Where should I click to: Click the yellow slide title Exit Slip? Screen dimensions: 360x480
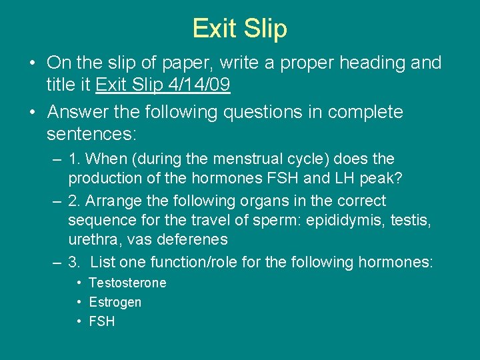pyautogui.click(x=239, y=29)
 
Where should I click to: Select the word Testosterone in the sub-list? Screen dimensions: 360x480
pyautogui.click(x=127, y=283)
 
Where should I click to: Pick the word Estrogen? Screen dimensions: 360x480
pyautogui.click(x=115, y=302)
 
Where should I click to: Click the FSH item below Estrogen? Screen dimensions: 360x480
pyautogui.click(x=102, y=321)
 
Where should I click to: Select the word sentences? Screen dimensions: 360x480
pyautogui.click(x=91, y=134)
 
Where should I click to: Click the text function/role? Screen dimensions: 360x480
pyautogui.click(x=189, y=262)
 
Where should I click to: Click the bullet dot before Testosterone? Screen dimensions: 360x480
pyautogui.click(x=79, y=283)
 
